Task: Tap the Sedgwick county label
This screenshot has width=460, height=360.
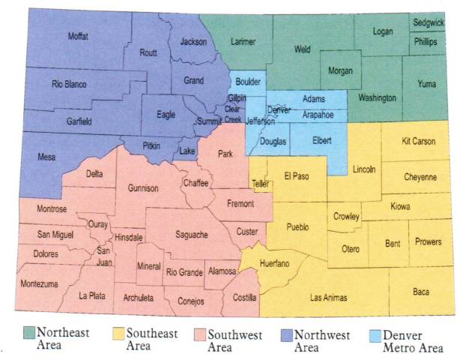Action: click(428, 23)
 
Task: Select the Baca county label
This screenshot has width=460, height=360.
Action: click(421, 292)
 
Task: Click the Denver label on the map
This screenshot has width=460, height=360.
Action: click(279, 109)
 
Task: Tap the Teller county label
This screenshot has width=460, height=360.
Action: click(261, 182)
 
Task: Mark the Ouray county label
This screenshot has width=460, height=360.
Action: click(98, 223)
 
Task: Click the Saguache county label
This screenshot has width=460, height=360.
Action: click(191, 235)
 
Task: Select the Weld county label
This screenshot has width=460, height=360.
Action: click(302, 49)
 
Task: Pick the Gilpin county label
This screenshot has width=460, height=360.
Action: click(237, 98)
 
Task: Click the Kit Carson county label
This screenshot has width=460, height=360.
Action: click(418, 141)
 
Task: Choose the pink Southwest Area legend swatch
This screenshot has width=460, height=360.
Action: click(200, 332)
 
